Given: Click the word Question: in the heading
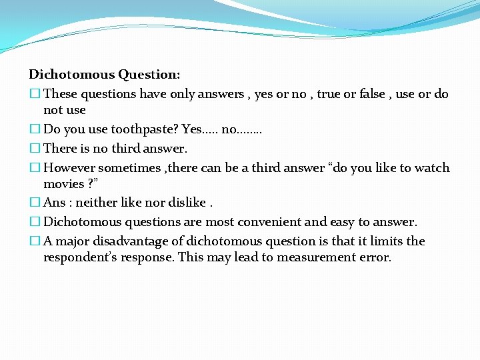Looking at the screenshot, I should [149, 75].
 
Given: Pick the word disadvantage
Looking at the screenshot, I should [138, 241].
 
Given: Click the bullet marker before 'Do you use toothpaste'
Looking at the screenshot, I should [34, 129].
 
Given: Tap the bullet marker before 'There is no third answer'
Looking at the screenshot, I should [34, 149].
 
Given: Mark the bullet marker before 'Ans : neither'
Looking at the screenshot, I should [34, 203].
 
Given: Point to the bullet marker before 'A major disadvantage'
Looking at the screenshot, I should [34, 241].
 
